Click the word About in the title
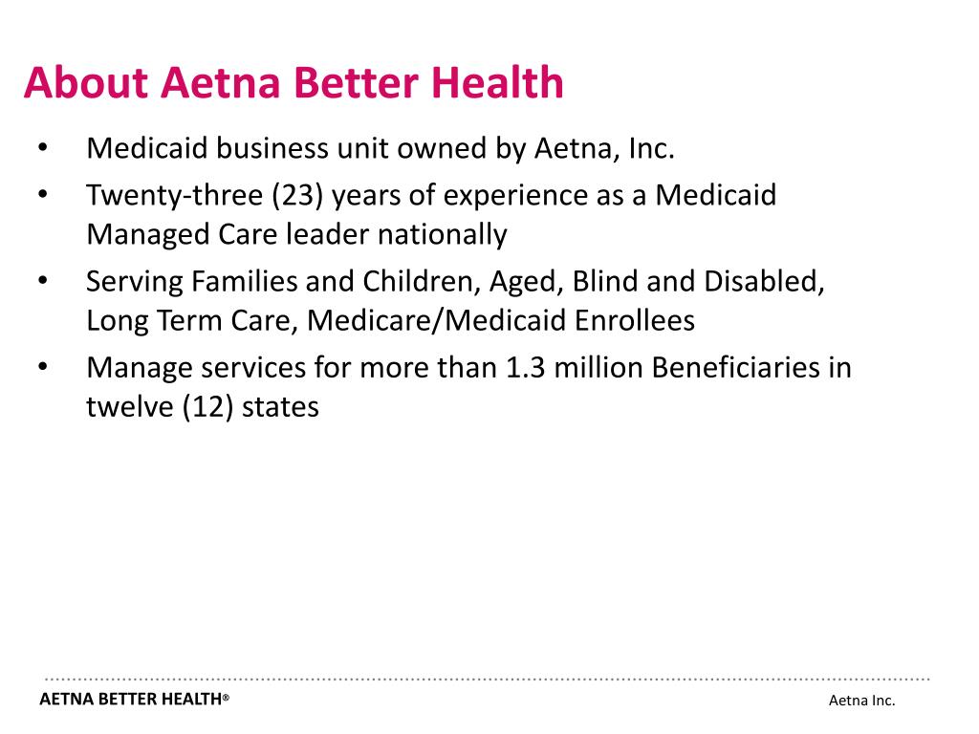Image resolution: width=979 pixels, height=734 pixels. click(87, 83)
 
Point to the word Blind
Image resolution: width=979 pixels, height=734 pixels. click(605, 282)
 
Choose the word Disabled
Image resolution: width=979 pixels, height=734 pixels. click(764, 282)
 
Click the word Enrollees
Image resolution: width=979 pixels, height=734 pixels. click(635, 320)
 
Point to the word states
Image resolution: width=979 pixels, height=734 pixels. click(280, 406)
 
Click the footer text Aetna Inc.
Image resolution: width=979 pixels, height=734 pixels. click(861, 701)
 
